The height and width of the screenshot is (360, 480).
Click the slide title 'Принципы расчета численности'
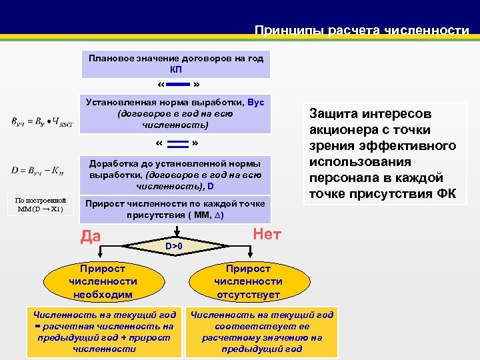362,30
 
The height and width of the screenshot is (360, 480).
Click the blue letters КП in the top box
176,69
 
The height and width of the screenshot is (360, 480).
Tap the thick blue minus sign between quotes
176,85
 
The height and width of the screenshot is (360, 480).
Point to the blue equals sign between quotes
177,144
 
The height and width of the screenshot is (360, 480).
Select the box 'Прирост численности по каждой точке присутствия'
176,209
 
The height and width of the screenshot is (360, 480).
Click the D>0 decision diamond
175,246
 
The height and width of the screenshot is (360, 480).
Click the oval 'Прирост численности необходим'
102,281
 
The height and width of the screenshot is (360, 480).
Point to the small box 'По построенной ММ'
41,204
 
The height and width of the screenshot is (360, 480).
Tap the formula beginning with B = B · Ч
41,121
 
